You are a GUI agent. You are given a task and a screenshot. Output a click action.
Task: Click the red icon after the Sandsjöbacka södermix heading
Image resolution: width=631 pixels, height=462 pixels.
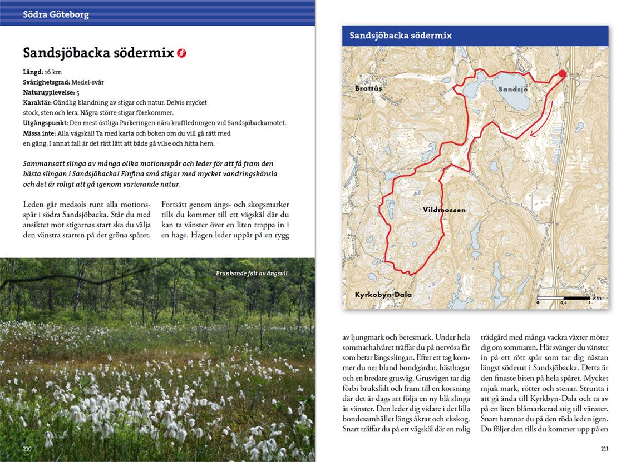click(x=181, y=53)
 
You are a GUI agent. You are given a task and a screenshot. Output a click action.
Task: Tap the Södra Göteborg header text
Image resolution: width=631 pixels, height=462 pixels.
click(x=56, y=15)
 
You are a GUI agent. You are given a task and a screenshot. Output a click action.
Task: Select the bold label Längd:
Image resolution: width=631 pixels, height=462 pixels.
click(x=33, y=72)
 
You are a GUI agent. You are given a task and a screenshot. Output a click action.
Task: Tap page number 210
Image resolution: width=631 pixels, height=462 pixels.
click(x=27, y=449)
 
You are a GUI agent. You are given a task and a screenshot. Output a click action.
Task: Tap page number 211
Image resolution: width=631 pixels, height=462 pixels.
click(x=605, y=449)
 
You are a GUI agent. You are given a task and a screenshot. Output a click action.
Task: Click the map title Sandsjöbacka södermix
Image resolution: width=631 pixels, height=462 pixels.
click(x=401, y=36)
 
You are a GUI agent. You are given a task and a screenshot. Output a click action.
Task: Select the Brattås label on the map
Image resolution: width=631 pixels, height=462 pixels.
click(x=369, y=88)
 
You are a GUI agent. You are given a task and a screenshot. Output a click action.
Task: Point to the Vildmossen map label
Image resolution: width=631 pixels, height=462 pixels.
click(x=444, y=210)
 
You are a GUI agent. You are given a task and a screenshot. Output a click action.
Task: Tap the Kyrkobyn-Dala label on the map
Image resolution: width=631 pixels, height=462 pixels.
click(x=383, y=294)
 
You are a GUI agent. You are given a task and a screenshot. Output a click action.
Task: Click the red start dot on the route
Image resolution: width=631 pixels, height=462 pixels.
click(x=562, y=74)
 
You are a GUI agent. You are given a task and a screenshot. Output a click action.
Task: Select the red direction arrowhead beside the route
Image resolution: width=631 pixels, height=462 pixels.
click(x=534, y=132)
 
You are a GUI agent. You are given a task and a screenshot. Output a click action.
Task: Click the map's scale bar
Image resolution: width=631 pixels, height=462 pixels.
click(x=564, y=299)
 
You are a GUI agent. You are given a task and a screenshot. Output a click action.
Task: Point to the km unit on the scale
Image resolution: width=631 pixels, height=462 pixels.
click(x=598, y=297)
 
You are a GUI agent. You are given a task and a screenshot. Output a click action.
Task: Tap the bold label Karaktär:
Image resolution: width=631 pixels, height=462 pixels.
click(x=37, y=102)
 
